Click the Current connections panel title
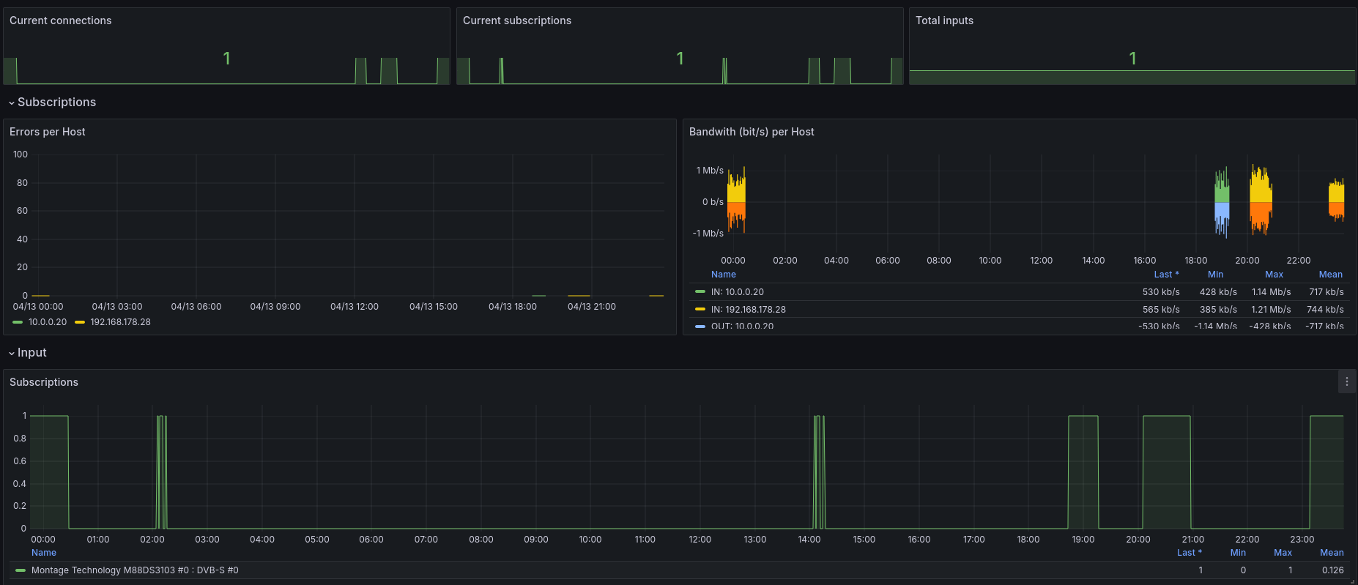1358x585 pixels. pyautogui.click(x=60, y=21)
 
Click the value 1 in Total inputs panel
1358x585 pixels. pyautogui.click(x=1132, y=59)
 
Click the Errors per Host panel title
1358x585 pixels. pyautogui.click(x=47, y=132)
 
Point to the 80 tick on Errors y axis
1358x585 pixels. pyautogui.click(x=22, y=183)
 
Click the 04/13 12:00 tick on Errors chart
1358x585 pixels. pyautogui.click(x=354, y=307)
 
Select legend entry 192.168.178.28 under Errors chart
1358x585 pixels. pyautogui.click(x=120, y=322)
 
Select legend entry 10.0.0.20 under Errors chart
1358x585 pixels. pyautogui.click(x=47, y=322)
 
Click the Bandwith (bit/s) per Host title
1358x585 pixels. pyautogui.click(x=751, y=132)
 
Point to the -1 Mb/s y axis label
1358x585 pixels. pyautogui.click(x=708, y=234)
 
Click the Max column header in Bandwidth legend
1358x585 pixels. pyautogui.click(x=1274, y=275)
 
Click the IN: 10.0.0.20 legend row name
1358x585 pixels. pyautogui.click(x=737, y=292)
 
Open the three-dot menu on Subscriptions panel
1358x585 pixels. pyautogui.click(x=1346, y=381)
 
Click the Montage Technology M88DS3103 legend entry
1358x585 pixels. pyautogui.click(x=135, y=570)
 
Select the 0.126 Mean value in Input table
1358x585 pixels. pyautogui.click(x=1332, y=570)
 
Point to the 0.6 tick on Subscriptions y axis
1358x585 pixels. pyautogui.click(x=20, y=461)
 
